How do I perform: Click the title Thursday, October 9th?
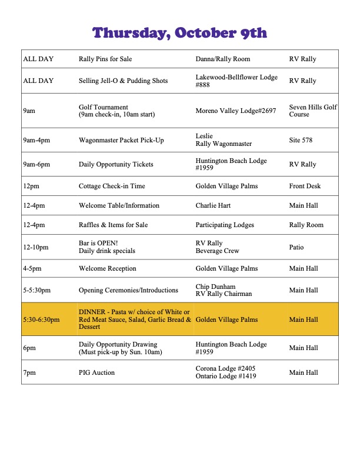[x=180, y=32]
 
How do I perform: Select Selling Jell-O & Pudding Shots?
[x=123, y=81]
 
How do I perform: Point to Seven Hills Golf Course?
[x=313, y=111]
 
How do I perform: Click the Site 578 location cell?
[x=301, y=140]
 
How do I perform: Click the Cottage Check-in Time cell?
[x=112, y=186]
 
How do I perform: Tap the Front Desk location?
[x=305, y=186]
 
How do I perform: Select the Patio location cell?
[x=296, y=247]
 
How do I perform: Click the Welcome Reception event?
[x=107, y=268]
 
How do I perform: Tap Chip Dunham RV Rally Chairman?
[x=224, y=290]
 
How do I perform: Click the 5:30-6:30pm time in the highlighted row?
[x=42, y=319]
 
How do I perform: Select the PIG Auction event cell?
[x=96, y=372]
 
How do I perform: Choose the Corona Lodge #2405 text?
[x=225, y=368]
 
